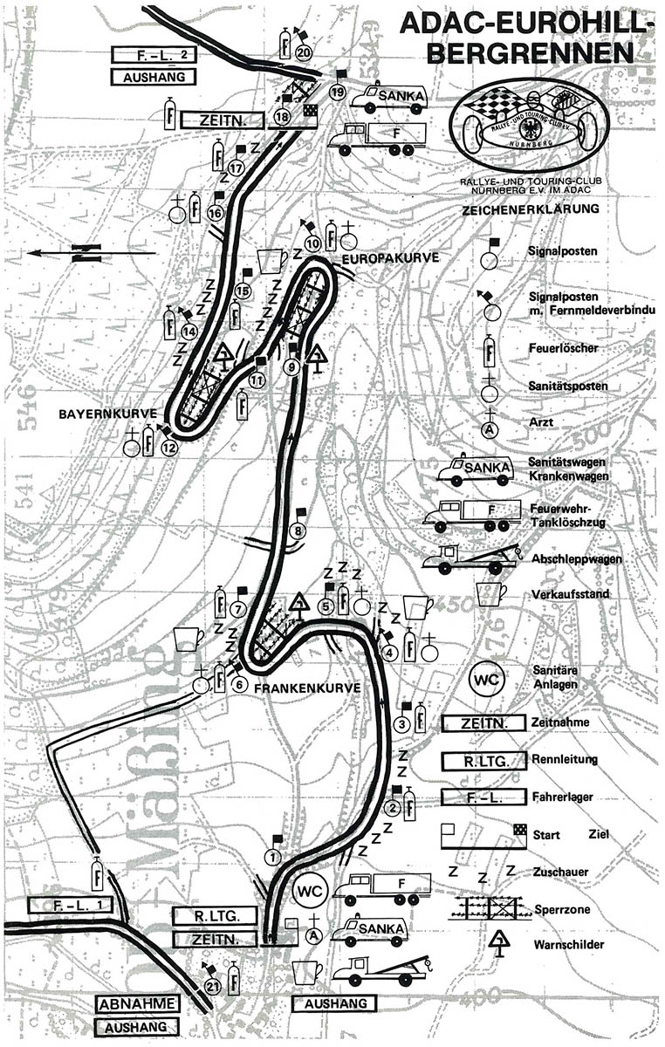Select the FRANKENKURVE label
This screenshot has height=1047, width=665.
(308, 688)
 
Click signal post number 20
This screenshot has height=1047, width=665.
(304, 52)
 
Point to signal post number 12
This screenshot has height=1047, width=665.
(168, 448)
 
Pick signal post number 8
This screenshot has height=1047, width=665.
(299, 530)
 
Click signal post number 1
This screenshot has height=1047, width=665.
(274, 858)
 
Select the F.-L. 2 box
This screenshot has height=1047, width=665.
(154, 56)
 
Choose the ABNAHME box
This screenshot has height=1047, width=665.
(138, 1003)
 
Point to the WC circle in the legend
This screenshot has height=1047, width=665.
(489, 679)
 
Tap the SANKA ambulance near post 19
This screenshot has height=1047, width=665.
(389, 97)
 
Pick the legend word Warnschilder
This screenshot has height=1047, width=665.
(563, 943)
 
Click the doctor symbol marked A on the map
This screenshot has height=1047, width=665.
(313, 934)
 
